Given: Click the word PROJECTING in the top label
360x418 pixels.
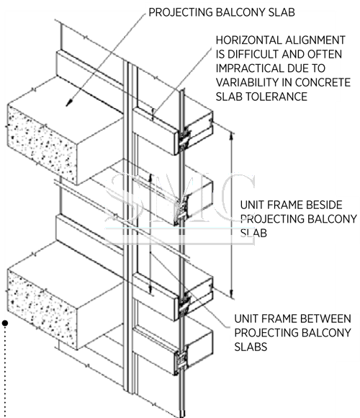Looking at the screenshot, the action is coord(180,12).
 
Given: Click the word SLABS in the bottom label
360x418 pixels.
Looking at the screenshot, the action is coord(251,347).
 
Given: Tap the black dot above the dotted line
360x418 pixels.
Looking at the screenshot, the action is coord(5,323).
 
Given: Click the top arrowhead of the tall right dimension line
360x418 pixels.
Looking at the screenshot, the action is coord(232,136).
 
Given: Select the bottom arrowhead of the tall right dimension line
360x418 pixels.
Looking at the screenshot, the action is coord(232,294).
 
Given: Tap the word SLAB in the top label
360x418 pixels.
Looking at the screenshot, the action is coord(282,12).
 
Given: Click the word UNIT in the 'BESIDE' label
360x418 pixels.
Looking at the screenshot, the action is coord(251,205).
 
